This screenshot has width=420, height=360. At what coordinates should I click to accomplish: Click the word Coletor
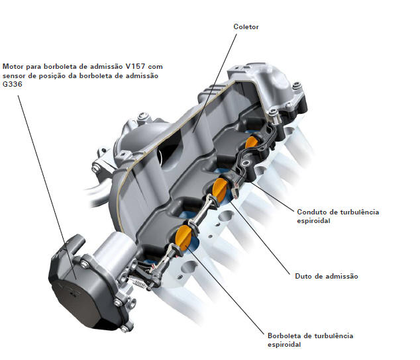pos(246,26)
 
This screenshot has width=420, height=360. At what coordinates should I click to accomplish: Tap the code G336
pos(13,84)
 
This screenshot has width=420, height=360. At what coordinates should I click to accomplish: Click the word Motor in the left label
pos(13,66)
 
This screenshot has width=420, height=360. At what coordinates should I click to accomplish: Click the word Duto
pos(303,276)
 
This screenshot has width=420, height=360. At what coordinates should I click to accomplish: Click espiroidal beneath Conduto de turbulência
pos(313,221)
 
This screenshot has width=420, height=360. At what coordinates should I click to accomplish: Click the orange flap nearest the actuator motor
pos(184,237)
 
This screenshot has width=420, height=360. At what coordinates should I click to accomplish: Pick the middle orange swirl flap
pos(220,189)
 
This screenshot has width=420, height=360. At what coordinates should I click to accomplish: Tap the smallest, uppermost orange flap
pos(251,142)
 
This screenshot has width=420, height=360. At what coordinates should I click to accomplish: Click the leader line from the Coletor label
pos(215,83)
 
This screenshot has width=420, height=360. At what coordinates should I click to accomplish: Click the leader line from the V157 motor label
pos(47,187)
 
